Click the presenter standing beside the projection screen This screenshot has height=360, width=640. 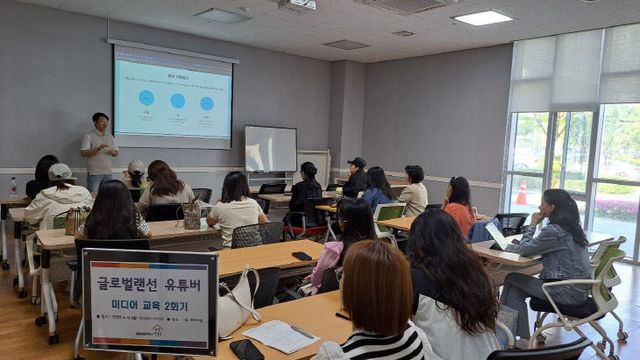tap(99, 149)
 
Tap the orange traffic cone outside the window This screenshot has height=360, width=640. tap(521, 193)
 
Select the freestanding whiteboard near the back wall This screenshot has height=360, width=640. tap(270, 149)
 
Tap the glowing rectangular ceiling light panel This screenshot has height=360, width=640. tap(482, 18)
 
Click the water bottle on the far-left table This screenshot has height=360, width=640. tap(13, 187)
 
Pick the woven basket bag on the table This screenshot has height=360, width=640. tap(191, 214)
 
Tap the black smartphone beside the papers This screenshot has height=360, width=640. tap(246, 349)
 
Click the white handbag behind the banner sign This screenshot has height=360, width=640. tap(236, 305)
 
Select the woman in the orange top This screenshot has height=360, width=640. tap(459, 205)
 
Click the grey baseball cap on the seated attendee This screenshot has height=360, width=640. tap(60, 172)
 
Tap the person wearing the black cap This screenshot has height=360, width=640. tap(355, 177)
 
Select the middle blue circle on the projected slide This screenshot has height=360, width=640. tap(177, 101)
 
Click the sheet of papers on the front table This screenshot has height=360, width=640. tap(279, 335)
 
